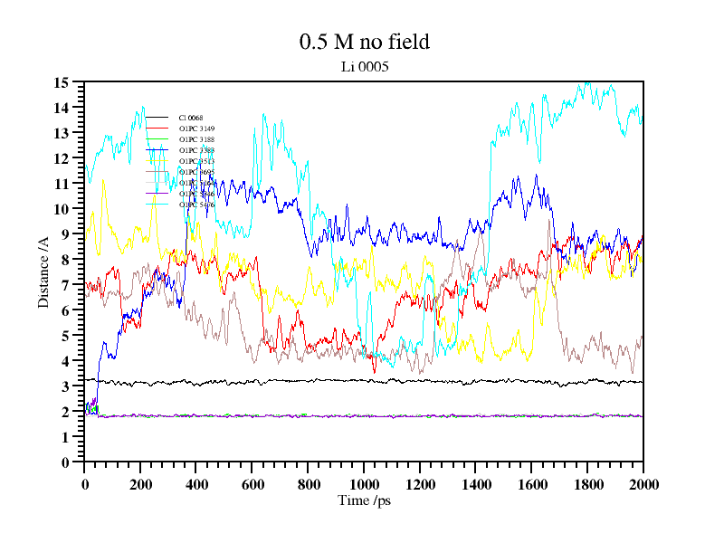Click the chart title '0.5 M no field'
tap(364, 42)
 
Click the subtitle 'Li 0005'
tap(364, 67)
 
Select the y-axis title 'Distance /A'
tap(43, 272)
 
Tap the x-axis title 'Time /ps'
tap(364, 500)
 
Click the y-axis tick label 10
tap(62, 209)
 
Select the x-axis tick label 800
tap(308, 484)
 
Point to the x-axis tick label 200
tap(140, 484)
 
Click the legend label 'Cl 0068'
tap(191, 118)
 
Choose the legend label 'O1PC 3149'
tap(196, 129)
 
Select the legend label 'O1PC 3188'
tap(196, 139)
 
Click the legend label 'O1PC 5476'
tap(196, 205)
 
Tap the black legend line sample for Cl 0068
tap(157, 118)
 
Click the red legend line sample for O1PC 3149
tap(157, 129)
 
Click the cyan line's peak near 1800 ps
tap(586, 84)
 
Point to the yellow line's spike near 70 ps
tap(104, 180)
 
